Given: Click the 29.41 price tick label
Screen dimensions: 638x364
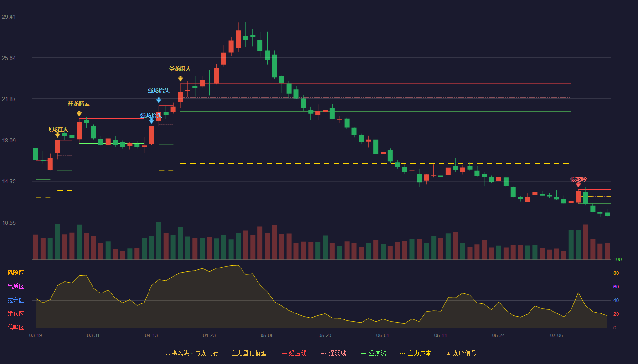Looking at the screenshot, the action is click(9, 17).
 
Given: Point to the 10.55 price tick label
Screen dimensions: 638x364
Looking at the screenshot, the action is click(9, 223).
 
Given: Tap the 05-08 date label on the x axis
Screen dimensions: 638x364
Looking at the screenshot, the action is click(267, 336).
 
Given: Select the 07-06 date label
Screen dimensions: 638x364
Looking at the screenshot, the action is click(556, 336).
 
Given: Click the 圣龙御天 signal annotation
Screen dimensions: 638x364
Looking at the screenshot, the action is click(180, 69).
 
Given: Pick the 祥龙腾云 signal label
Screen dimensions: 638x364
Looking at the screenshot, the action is click(79, 104).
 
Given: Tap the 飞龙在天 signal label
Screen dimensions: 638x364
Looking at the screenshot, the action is click(57, 130).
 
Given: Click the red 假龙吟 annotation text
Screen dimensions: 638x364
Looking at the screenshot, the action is click(578, 179).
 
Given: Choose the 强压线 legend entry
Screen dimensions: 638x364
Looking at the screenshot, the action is click(294, 353).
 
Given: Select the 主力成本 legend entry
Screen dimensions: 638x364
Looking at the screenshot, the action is click(416, 353).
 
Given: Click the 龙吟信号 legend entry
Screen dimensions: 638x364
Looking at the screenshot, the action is click(461, 353).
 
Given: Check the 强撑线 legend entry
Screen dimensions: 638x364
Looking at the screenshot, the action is click(373, 353).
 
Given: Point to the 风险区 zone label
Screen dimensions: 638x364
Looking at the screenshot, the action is click(15, 273).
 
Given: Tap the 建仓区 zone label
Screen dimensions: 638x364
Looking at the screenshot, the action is click(15, 313).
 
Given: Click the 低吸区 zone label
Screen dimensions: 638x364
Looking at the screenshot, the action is click(15, 327).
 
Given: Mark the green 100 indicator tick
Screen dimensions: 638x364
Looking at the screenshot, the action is click(617, 259).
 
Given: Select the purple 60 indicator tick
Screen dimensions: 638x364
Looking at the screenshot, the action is click(616, 287).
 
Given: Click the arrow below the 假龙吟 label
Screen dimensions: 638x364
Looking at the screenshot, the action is click(578, 185).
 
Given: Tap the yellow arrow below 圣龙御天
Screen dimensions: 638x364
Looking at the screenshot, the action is click(180, 78).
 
